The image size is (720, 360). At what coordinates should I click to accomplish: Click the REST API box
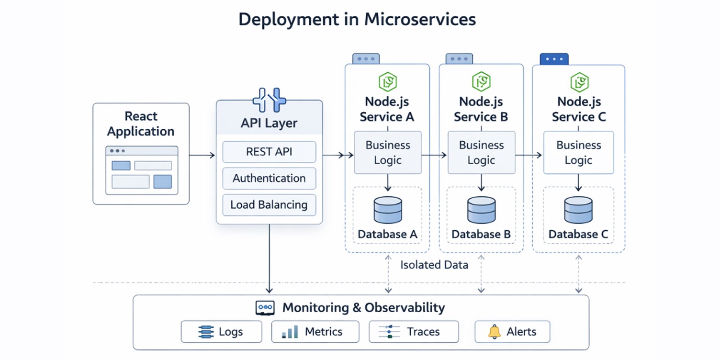click(x=269, y=152)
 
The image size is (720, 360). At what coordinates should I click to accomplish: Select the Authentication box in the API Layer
click(x=269, y=179)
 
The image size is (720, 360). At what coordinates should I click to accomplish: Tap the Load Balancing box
click(x=269, y=205)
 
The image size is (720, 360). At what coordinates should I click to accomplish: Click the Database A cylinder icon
click(x=387, y=210)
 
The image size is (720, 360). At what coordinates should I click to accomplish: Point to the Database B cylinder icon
click(x=481, y=210)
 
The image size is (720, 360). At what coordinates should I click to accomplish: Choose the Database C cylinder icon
click(x=578, y=210)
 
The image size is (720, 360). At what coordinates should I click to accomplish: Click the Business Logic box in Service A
click(x=388, y=152)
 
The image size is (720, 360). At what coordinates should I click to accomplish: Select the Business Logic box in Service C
click(x=578, y=152)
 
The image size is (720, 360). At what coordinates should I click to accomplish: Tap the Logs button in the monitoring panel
click(x=221, y=332)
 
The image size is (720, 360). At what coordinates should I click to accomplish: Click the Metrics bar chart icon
click(x=290, y=332)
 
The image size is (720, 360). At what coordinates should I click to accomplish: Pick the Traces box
click(x=414, y=332)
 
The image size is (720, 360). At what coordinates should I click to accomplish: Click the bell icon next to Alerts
click(x=494, y=332)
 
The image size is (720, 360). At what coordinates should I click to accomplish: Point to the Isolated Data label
click(x=434, y=265)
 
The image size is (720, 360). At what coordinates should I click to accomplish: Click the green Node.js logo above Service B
click(x=481, y=82)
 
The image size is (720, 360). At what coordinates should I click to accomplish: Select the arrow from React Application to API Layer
click(x=202, y=155)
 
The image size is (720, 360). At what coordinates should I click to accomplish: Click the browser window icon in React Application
click(x=141, y=170)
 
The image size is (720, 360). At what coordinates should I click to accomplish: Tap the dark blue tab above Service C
click(x=554, y=59)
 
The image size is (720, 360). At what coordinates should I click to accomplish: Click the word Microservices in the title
click(x=420, y=19)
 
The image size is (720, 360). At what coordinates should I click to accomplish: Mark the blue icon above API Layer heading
click(x=269, y=100)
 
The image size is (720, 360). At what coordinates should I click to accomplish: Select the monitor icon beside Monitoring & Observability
click(x=265, y=308)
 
